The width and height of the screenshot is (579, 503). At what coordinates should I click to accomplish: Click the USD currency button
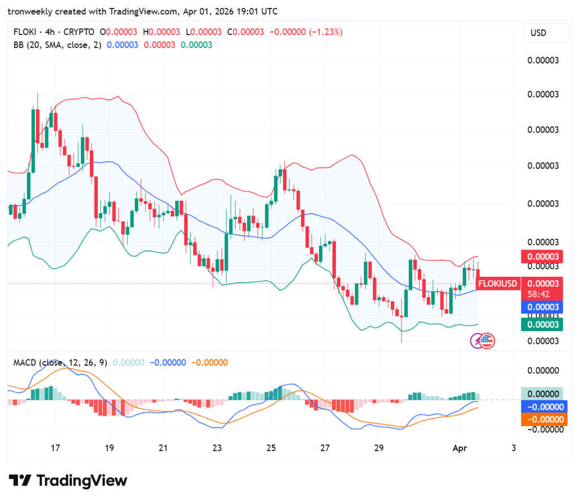538,33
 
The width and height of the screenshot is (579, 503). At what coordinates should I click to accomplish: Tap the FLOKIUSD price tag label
498,283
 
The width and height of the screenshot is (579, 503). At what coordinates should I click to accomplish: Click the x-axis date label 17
55,447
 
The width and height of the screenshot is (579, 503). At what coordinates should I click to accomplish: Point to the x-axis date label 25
270,447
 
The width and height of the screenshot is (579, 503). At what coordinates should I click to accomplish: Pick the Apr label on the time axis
459,447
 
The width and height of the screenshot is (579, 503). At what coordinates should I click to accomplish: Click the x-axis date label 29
378,447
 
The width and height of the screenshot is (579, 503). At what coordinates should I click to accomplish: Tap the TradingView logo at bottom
67,481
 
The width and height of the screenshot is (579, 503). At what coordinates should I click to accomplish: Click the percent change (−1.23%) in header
325,32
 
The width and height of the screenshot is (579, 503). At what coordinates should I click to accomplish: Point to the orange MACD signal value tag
542,419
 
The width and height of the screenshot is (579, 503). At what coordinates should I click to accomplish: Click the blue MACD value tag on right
542,407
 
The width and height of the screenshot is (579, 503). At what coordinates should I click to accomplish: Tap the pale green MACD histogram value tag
542,394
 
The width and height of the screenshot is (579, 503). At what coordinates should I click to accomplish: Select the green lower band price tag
542,324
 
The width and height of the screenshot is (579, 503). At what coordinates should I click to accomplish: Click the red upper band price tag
542,256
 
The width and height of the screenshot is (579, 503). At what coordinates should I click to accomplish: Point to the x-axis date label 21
163,447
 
